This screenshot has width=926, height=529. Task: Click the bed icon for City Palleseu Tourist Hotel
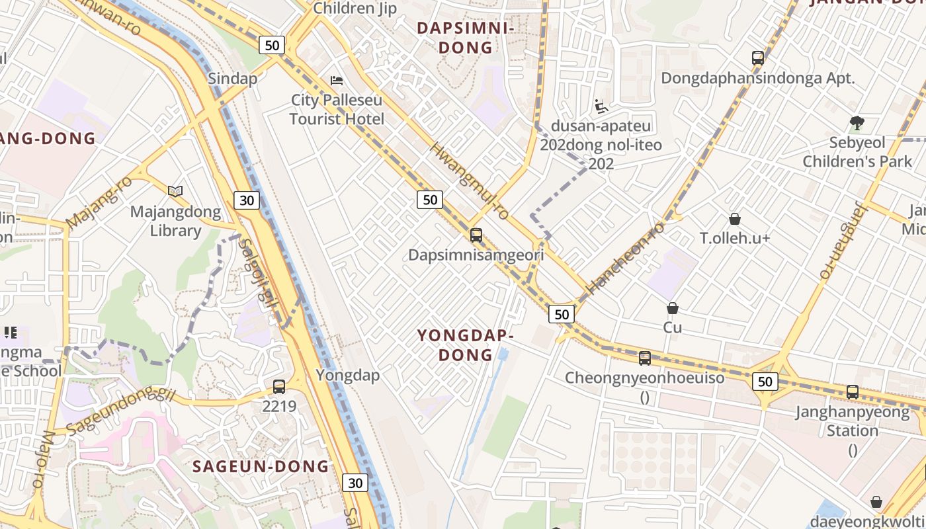tap(337, 81)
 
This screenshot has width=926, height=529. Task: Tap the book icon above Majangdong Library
tap(175, 191)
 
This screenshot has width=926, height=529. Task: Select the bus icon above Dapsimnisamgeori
tap(476, 235)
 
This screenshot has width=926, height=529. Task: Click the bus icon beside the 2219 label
tap(279, 386)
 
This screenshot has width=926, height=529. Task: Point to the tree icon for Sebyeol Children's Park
tap(857, 122)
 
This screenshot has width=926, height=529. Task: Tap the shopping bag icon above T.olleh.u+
tap(734, 218)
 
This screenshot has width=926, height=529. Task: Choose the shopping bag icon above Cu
tap(673, 307)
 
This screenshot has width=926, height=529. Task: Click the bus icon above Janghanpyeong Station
tap(853, 391)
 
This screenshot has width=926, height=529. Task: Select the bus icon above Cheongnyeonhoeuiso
tap(645, 358)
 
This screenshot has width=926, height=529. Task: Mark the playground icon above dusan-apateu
tap(601, 106)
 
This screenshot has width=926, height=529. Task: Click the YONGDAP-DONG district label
tap(466, 345)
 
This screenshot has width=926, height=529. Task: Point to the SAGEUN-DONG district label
tap(261, 466)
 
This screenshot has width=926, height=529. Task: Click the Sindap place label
tap(232, 78)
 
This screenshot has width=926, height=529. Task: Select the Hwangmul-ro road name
tap(469, 181)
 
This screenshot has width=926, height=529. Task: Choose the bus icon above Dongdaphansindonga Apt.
tap(758, 58)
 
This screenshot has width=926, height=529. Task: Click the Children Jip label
tap(355, 9)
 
